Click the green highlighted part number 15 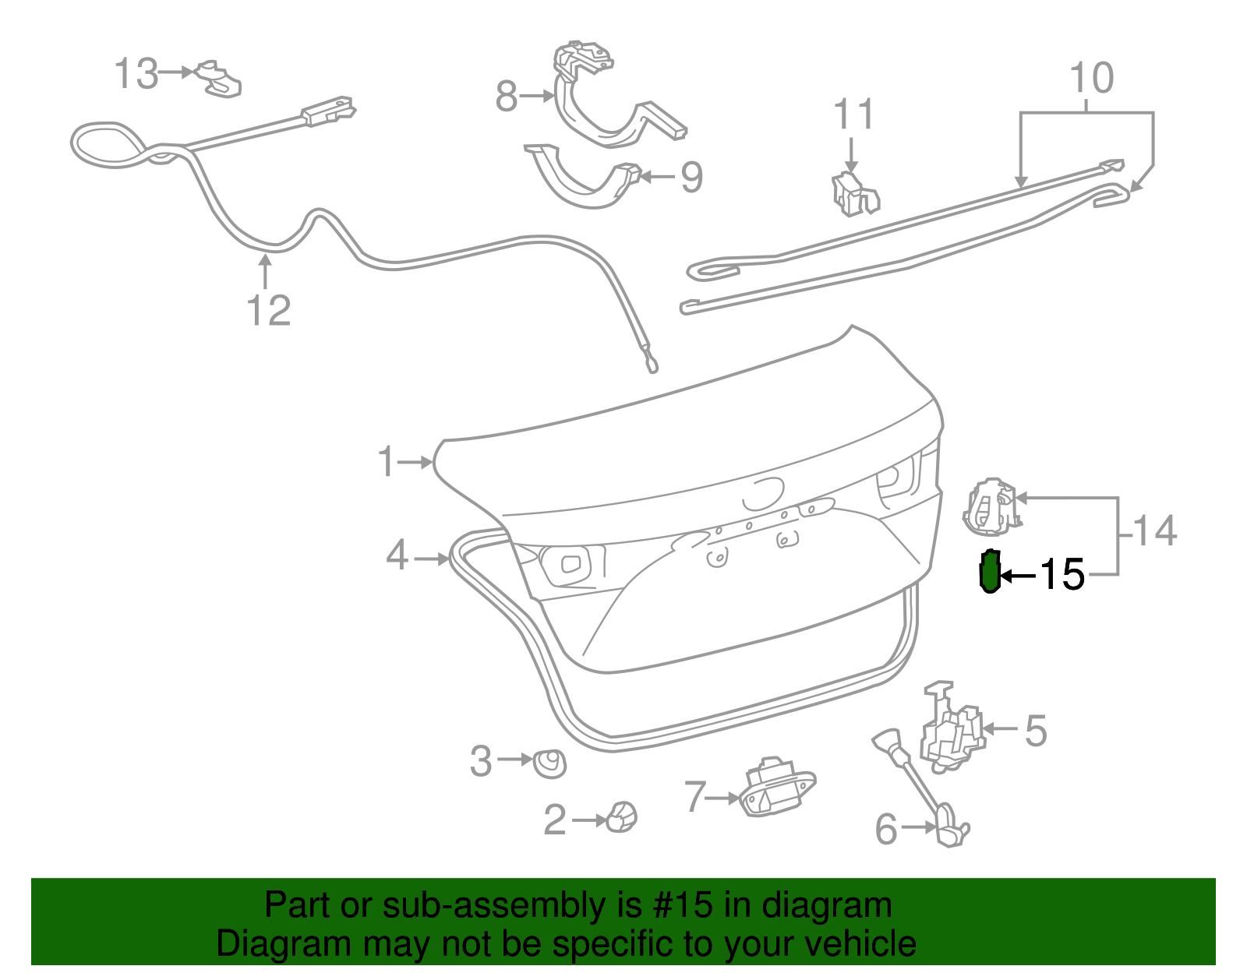coord(989,572)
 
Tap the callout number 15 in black coord(1062,575)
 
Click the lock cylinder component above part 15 coord(990,507)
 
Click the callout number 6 coord(887,829)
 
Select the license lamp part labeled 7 coord(775,788)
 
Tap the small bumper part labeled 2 coord(622,816)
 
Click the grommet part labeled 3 coord(549,763)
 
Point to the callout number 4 coord(397,555)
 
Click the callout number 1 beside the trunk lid coord(387,462)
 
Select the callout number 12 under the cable coord(269,310)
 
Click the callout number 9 coord(692,178)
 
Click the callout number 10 coord(1091,78)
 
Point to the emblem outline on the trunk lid coord(762,493)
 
